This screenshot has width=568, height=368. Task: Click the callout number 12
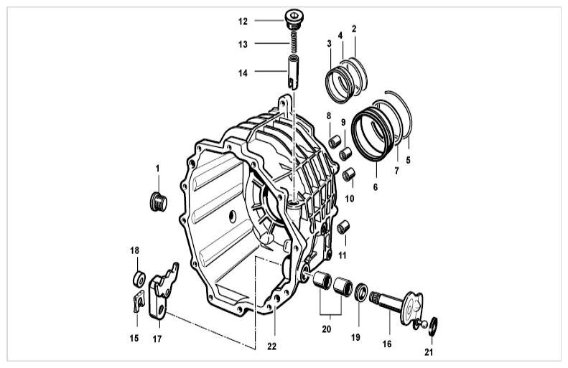(243, 22)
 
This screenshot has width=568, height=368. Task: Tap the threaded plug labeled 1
(159, 202)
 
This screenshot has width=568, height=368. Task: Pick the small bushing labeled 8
(335, 142)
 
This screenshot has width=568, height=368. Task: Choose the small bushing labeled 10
(349, 174)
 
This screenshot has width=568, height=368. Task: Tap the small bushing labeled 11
(343, 227)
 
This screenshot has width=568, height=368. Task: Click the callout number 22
(271, 346)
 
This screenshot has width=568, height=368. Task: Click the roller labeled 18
(138, 279)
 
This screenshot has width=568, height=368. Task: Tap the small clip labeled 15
(138, 301)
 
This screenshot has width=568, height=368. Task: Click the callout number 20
(327, 329)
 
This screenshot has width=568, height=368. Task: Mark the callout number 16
(387, 344)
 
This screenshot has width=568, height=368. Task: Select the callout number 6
(376, 187)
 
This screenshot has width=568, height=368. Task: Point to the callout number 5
(409, 160)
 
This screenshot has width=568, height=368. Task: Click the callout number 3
(329, 44)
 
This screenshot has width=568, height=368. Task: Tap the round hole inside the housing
(232, 217)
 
